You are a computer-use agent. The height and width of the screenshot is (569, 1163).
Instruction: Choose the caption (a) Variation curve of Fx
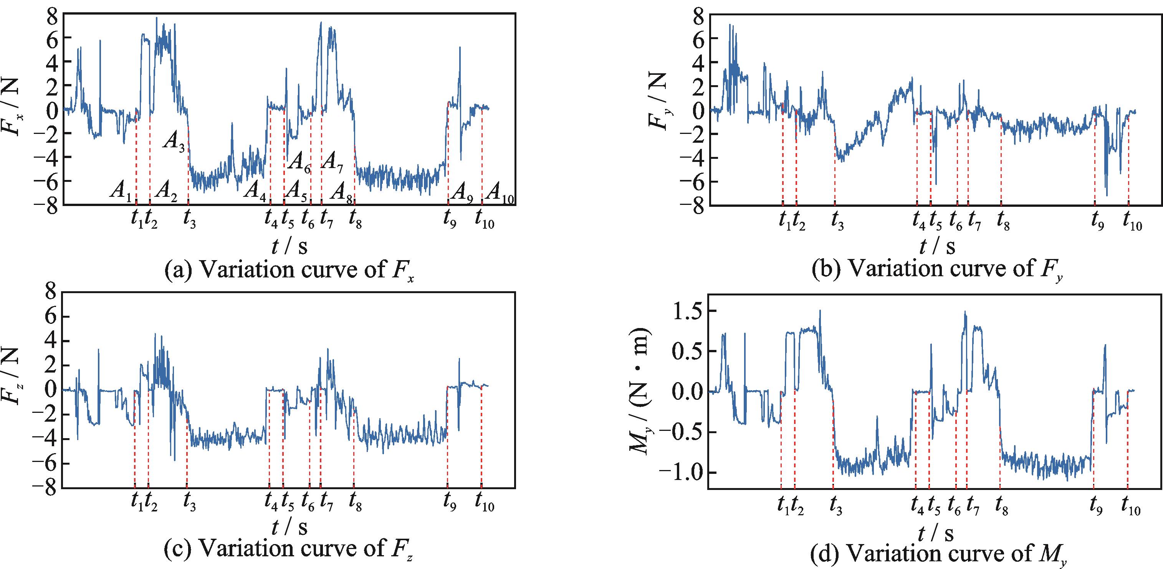289,270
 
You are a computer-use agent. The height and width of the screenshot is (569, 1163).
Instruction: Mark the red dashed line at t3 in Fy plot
835,167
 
